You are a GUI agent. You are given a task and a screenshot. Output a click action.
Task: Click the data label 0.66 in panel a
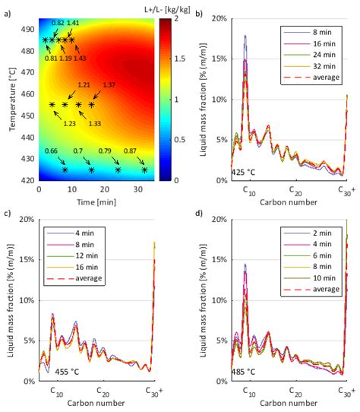51,151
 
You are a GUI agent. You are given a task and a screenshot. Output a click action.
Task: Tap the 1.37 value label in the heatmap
109,84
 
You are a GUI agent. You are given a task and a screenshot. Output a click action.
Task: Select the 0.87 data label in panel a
129,151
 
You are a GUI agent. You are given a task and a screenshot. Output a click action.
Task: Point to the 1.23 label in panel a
69,124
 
